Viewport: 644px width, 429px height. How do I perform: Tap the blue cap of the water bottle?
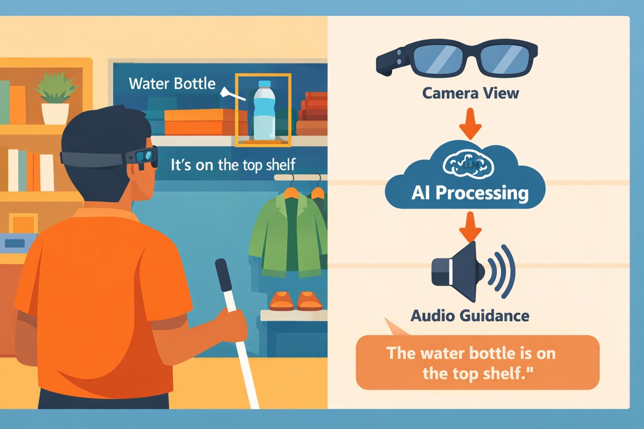265,84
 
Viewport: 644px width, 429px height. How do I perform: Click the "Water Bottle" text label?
172,84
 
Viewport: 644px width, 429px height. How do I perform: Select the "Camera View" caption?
470,93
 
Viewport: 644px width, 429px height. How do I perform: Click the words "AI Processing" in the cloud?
470,193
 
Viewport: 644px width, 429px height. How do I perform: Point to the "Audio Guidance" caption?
470,316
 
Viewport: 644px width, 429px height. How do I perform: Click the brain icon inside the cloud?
469,164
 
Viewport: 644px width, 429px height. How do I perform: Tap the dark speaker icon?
458,271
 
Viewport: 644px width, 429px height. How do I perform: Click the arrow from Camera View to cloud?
470,124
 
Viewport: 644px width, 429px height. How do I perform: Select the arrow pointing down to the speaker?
470,227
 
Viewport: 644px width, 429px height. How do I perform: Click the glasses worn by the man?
109,158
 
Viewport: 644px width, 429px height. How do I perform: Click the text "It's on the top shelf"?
233,165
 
